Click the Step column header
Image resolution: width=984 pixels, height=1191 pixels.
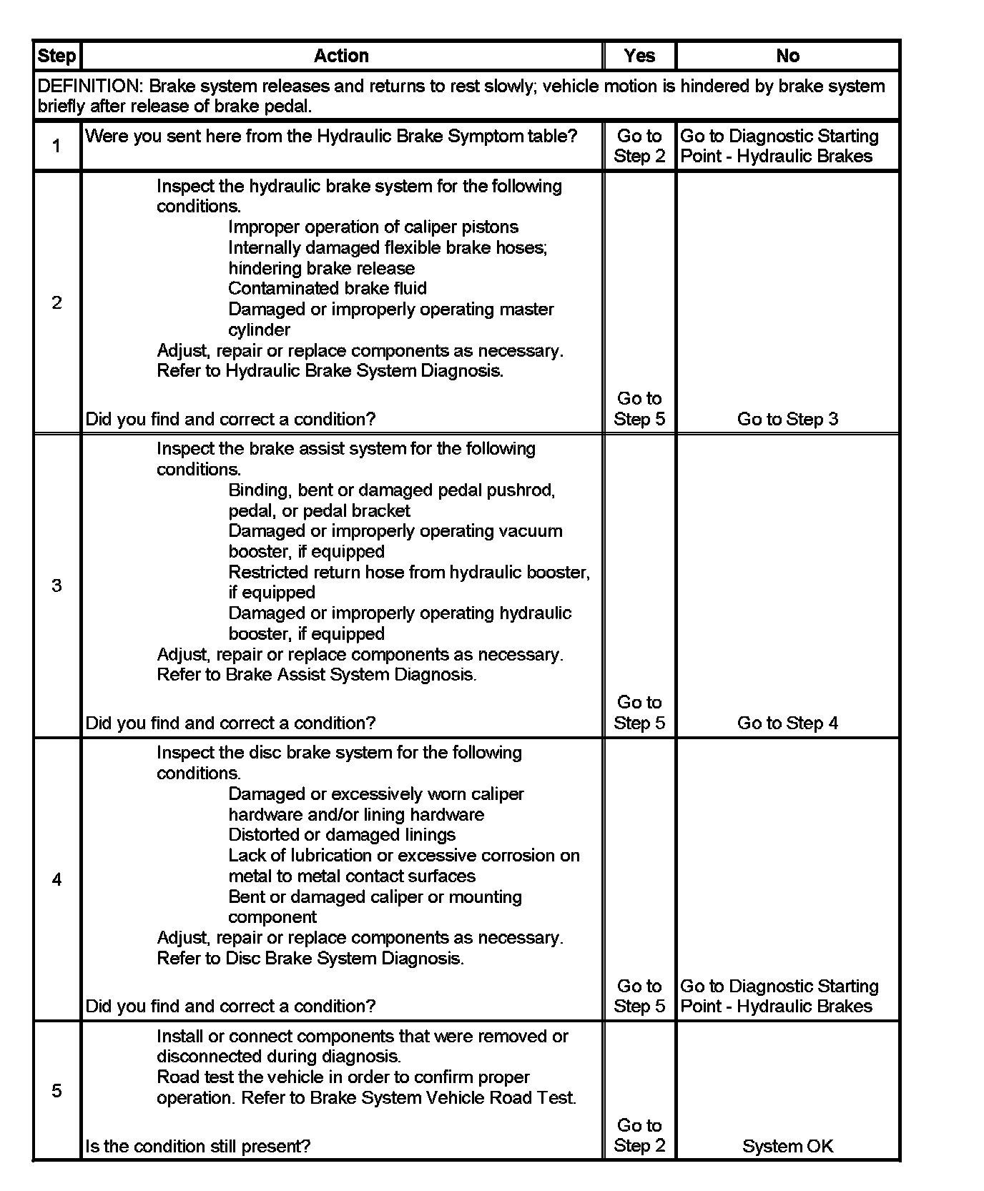click(56, 56)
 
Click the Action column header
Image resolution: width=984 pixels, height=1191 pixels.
click(341, 56)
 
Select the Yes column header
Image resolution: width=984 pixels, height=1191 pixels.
click(639, 56)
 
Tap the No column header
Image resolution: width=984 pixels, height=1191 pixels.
click(787, 56)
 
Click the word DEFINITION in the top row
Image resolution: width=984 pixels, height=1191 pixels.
click(89, 87)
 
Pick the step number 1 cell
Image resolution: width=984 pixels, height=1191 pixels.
click(56, 146)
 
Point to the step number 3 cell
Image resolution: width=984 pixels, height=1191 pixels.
click(56, 585)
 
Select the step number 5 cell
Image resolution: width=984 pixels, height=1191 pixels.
click(56, 1090)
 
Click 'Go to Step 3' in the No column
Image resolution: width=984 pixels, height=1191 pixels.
click(787, 419)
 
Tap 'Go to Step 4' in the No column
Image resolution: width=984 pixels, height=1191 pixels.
click(787, 723)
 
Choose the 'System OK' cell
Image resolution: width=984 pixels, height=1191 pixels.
click(787, 1146)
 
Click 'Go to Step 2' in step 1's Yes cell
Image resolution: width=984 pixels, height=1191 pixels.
click(639, 146)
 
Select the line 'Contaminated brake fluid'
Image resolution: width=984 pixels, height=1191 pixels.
click(327, 288)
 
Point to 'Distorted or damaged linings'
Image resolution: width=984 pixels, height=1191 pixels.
click(341, 834)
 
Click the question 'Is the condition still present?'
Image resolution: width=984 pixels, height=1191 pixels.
click(197, 1146)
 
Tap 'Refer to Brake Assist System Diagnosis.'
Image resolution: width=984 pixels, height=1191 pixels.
click(316, 674)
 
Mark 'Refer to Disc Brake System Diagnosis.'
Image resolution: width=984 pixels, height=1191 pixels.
click(310, 958)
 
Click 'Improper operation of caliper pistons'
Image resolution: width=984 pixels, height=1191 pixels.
click(373, 227)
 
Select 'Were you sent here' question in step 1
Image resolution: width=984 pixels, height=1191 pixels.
click(330, 136)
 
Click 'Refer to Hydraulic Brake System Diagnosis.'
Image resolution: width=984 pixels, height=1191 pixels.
click(330, 370)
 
